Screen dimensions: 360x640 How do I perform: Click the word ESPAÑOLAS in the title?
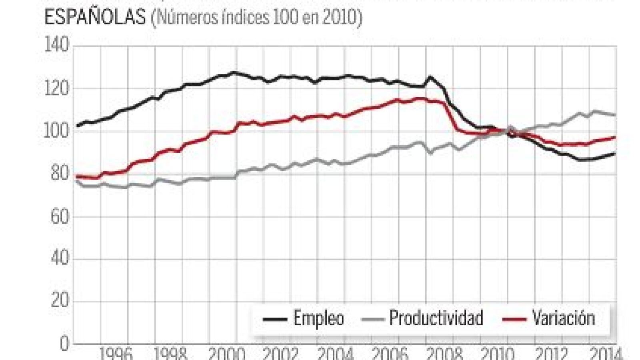coord(95,18)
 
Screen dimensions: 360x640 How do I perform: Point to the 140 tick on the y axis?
coord(56,45)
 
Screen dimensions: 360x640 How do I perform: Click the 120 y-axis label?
coord(56,88)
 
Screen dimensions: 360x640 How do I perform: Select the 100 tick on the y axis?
coord(56,131)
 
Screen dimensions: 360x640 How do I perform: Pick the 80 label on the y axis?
coord(59,174)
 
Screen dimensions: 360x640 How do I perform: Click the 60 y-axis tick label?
coord(59,216)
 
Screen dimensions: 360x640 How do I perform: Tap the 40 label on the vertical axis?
coord(59,259)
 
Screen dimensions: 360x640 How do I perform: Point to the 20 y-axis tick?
coord(59,301)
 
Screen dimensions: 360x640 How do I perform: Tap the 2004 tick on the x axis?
coord(335,354)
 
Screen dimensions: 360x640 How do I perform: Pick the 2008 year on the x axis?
coord(444,354)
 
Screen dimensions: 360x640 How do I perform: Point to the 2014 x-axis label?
coord(606,354)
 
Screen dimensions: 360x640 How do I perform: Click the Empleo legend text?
coord(319,318)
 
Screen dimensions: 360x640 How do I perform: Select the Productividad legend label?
coord(436,318)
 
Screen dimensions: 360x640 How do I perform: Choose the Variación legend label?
coord(563,318)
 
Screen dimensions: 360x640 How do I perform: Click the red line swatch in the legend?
coord(514,319)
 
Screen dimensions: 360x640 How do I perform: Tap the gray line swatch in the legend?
coord(372,319)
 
